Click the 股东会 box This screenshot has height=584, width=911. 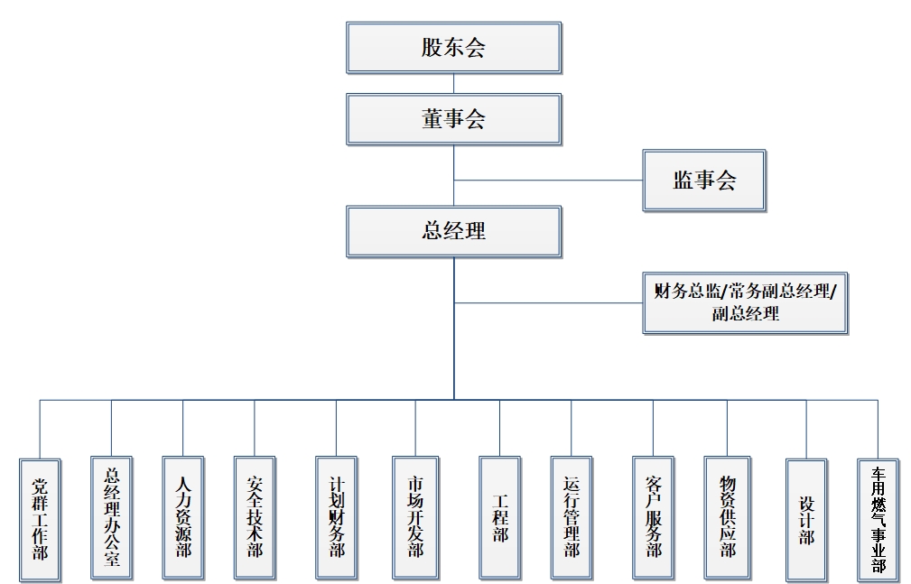click(453, 48)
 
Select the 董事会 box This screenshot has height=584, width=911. click(453, 119)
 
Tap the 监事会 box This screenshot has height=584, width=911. click(704, 181)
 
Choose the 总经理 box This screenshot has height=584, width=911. click(453, 231)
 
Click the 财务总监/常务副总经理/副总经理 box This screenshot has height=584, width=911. click(745, 303)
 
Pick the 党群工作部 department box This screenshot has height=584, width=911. click(40, 518)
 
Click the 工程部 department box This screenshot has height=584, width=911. click(500, 518)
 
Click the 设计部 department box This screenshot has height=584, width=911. click(806, 519)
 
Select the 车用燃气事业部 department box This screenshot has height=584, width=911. click(878, 519)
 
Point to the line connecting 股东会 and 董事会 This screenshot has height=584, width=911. click(453, 84)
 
